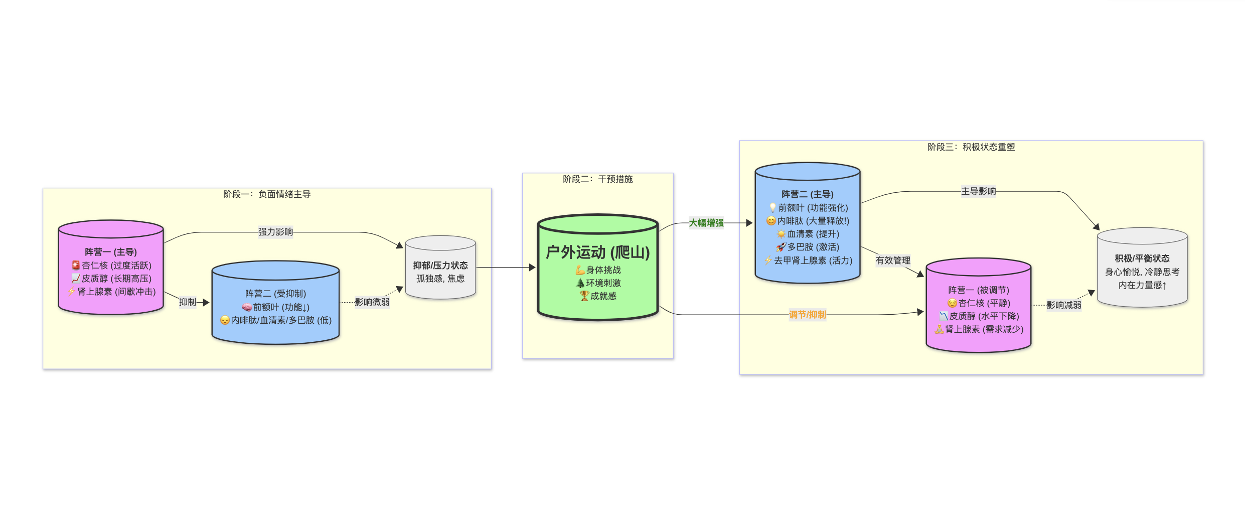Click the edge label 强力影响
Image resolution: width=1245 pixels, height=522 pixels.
[275, 232]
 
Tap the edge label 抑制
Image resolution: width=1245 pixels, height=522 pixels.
[188, 302]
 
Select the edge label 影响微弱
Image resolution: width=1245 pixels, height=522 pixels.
[372, 302]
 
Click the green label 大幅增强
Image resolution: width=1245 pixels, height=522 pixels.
[706, 223]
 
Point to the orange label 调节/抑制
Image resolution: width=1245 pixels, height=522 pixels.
[807, 315]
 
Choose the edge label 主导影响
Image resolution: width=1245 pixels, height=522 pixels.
[978, 191]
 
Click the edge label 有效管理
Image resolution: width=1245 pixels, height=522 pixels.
[893, 260]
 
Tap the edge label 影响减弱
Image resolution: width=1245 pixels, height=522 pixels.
[1063, 305]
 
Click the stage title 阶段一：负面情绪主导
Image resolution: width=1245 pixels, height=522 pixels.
[267, 194]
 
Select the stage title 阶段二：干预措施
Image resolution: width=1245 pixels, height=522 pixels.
[597, 179]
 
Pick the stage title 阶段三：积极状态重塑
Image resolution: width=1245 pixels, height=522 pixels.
[971, 147]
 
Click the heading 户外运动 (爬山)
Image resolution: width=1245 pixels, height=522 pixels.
[597, 252]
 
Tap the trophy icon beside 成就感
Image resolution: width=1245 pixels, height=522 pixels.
[584, 296]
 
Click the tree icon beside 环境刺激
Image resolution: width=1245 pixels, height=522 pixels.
[580, 283]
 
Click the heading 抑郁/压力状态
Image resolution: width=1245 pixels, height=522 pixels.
[440, 266]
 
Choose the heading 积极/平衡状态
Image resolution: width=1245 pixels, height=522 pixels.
[1142, 258]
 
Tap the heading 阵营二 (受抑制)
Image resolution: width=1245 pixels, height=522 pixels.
[275, 294]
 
